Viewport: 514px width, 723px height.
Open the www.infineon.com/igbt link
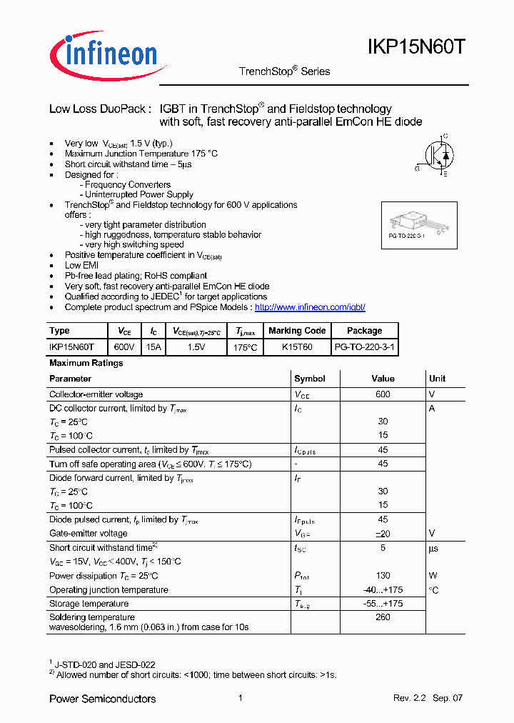(x=310, y=307)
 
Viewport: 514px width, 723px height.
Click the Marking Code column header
(x=297, y=331)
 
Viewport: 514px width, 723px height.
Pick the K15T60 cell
(x=297, y=347)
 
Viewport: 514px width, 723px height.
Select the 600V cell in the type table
(x=124, y=347)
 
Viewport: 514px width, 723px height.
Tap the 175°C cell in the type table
(x=244, y=347)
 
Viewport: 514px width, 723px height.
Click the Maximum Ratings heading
(x=86, y=363)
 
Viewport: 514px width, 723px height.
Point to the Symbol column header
(x=310, y=379)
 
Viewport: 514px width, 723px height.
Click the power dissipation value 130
(x=383, y=576)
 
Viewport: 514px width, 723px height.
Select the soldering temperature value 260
(x=383, y=617)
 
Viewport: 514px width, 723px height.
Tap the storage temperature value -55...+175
(x=383, y=604)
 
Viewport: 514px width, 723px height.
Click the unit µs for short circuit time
(x=433, y=549)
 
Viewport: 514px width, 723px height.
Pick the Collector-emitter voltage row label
(x=96, y=394)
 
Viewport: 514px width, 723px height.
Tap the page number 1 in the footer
(x=241, y=698)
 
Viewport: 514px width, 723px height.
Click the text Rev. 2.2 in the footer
(x=409, y=698)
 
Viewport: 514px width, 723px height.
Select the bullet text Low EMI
(x=82, y=265)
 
